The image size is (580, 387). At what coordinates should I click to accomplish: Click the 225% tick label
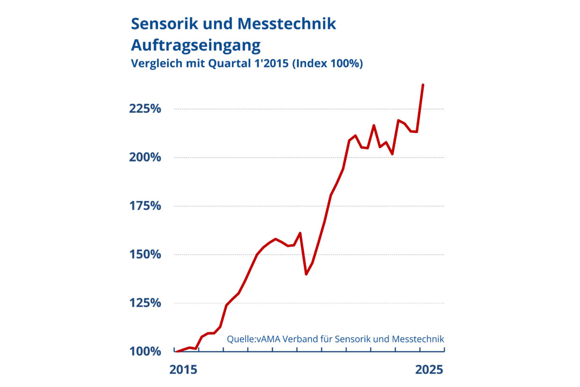pos(145,109)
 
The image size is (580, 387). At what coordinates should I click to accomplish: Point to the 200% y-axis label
pos(145,158)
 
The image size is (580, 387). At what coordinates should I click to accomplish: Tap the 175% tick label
pos(145,206)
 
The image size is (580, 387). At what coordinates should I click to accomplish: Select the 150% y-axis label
pos(145,254)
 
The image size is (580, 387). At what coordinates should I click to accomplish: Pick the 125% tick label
pos(145,303)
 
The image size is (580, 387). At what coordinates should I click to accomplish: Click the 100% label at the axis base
pos(145,351)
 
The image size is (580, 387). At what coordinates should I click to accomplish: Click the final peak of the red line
pos(423,85)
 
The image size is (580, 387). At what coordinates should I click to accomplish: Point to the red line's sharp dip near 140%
pos(306,274)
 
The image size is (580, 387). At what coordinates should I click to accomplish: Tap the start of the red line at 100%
pos(177,351)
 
